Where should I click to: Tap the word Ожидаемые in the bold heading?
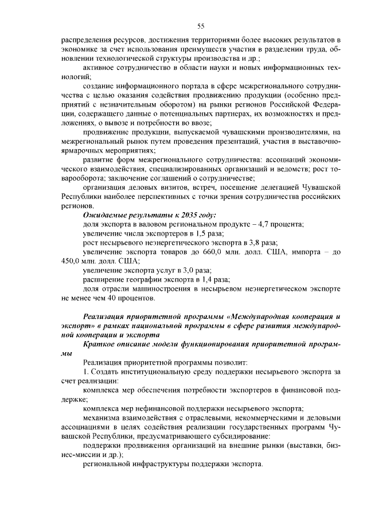[106, 215]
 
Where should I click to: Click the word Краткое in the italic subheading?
[100, 344]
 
